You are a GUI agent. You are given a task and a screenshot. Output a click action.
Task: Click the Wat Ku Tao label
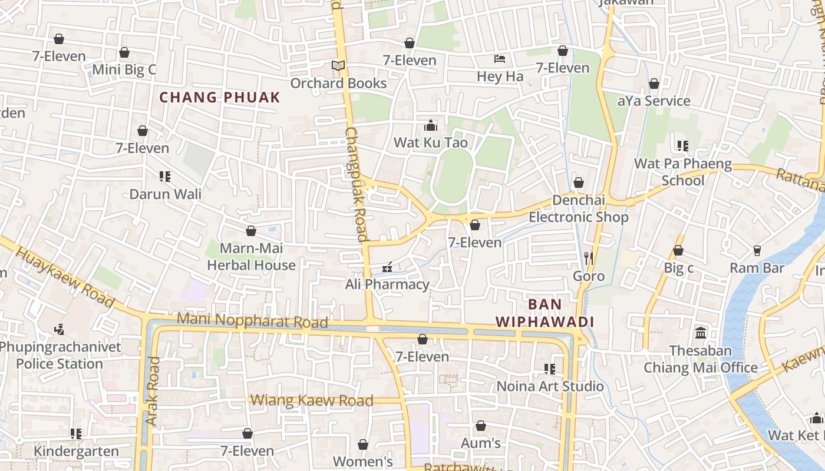[x=430, y=142]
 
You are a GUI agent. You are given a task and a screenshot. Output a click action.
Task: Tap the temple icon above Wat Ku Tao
[x=431, y=125]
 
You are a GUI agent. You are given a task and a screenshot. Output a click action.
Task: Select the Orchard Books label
[x=338, y=83]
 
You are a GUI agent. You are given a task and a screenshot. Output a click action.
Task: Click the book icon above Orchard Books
[x=338, y=65]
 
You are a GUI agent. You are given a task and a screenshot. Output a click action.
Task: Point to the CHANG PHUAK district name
[x=220, y=97]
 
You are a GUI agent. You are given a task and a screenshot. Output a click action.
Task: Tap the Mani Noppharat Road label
[x=252, y=321]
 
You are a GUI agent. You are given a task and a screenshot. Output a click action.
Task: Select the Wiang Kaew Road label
[x=312, y=400]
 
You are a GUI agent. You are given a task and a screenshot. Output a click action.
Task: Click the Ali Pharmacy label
[x=387, y=284]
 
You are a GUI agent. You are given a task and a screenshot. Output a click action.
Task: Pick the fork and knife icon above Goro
[x=588, y=258]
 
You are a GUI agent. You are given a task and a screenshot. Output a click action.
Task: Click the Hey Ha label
[x=500, y=76]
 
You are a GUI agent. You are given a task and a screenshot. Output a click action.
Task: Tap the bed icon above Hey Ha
[x=500, y=59]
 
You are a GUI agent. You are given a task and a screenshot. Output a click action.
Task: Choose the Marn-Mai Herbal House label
[x=251, y=257]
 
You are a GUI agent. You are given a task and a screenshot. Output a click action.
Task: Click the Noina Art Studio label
[x=550, y=386]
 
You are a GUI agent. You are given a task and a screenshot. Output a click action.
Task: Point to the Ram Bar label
[x=757, y=268]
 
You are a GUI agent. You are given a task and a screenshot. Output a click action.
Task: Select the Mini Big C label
[x=124, y=69]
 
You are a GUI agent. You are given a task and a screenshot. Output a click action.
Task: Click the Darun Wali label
[x=165, y=194]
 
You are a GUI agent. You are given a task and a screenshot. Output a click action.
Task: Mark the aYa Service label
[x=654, y=101]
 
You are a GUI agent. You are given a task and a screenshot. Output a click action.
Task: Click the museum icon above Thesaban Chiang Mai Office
[x=701, y=333]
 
